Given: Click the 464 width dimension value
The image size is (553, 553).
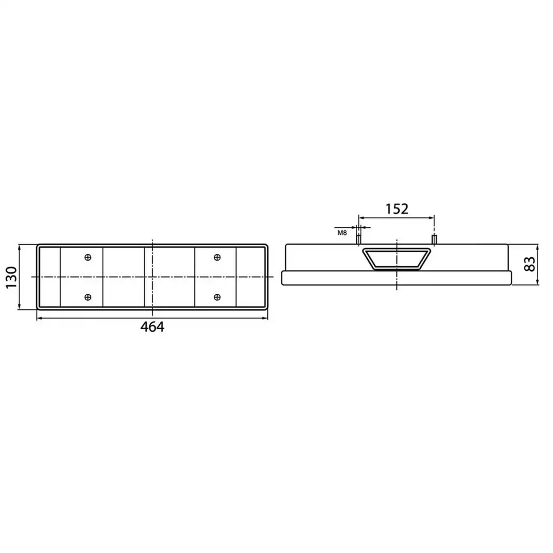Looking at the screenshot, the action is [152, 327].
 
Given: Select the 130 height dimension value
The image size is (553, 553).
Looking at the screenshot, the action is [12, 277].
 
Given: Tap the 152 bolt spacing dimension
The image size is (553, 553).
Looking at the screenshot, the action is [397, 209].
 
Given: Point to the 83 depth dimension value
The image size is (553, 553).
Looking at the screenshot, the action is [530, 264].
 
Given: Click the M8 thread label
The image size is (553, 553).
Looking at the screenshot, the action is [342, 233].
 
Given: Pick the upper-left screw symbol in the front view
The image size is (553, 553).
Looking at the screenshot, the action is [88, 258].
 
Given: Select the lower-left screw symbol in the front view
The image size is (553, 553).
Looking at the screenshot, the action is [88, 298].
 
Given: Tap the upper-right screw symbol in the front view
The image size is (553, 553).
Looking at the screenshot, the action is [217, 258].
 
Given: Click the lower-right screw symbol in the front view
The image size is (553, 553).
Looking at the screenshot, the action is [217, 298].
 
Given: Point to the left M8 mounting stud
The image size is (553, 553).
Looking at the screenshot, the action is [359, 240].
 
